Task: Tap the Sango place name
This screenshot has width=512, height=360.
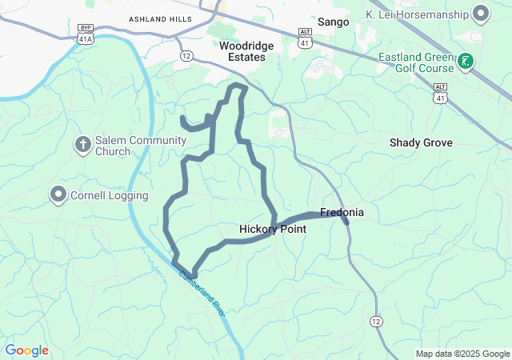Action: coord(334,22)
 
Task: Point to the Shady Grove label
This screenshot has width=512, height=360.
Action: coord(421,142)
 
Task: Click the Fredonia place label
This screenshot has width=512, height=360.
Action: coord(342,213)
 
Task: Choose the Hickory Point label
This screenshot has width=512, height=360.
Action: coord(273,229)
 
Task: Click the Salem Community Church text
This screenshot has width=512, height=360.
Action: coord(134,146)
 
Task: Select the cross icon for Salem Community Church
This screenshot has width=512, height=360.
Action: coord(82,145)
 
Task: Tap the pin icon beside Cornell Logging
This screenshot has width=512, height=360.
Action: coord(58,194)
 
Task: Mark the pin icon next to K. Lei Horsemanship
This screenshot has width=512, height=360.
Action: coord(481,14)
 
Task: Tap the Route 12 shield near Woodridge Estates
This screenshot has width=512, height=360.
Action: coord(186,56)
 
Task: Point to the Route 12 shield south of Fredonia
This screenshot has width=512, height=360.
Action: coord(375,321)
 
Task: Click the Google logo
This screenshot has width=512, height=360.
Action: coord(27,350)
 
